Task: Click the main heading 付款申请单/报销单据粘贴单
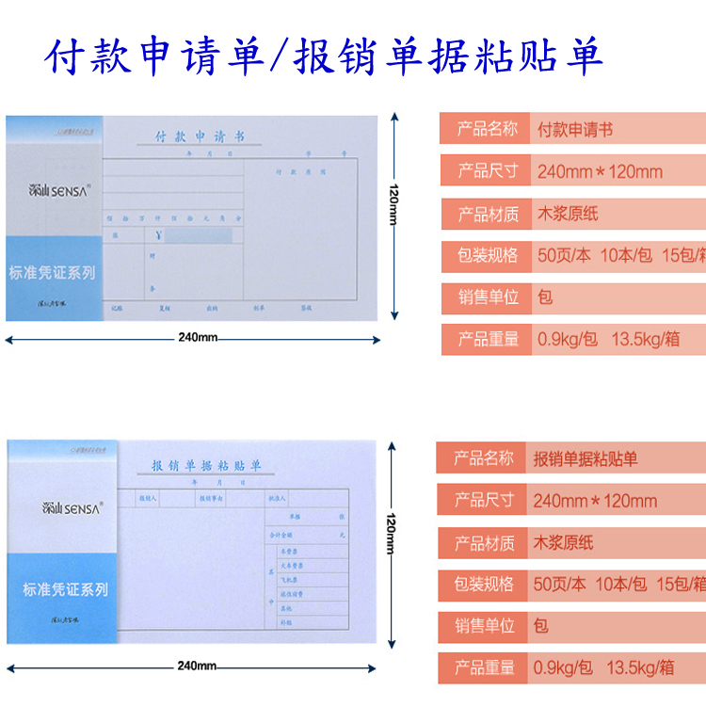[325, 57]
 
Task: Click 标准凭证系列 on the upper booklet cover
[52, 273]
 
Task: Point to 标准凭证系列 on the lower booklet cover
[65, 590]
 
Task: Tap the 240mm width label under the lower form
[197, 666]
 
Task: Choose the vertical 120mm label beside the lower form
[391, 534]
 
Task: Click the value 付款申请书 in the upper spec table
[574, 130]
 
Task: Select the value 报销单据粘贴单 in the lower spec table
[586, 459]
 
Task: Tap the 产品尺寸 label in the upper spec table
[488, 170]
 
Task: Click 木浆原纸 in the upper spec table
[568, 214]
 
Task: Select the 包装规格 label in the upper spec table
[488, 255]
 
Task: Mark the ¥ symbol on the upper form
[159, 236]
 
